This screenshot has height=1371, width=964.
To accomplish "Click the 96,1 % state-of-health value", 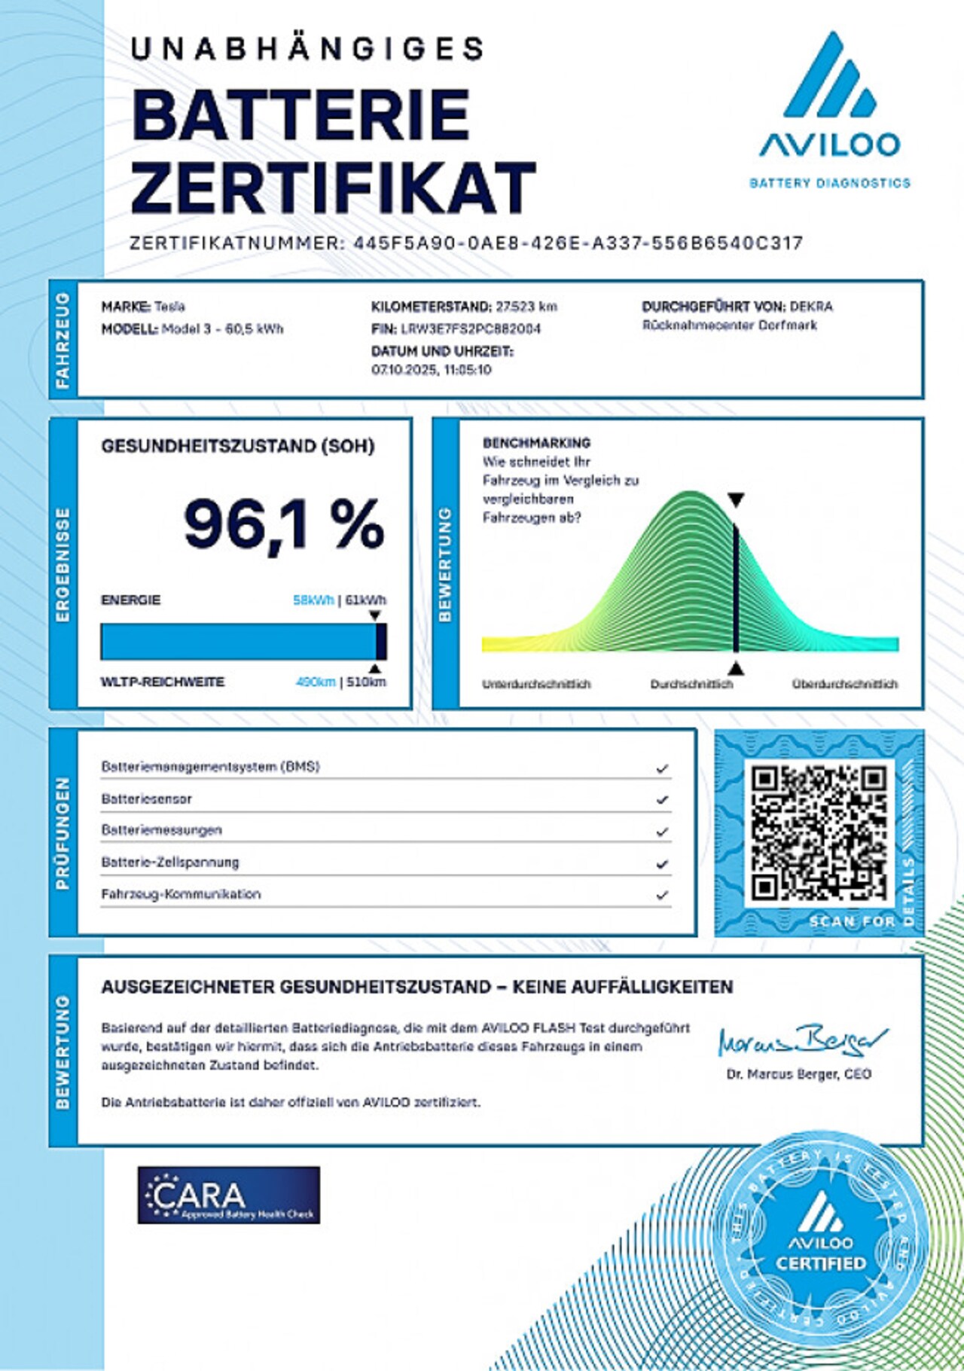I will pyautogui.click(x=284, y=524).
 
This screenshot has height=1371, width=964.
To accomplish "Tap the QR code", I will pyautogui.click(x=819, y=832).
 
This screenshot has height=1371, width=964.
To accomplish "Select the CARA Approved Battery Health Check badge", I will pyautogui.click(x=228, y=1195).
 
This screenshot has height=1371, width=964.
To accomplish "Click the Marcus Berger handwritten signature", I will pyautogui.click(x=801, y=1043).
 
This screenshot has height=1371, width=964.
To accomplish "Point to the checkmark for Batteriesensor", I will pyautogui.click(x=662, y=800).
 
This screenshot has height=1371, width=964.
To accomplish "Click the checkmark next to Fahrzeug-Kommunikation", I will pyautogui.click(x=662, y=896).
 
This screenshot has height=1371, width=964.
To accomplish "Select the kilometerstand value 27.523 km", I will pyautogui.click(x=526, y=307).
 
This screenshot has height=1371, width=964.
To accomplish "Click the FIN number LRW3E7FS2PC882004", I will pyautogui.click(x=471, y=329).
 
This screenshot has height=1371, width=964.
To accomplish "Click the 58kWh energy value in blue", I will pyautogui.click(x=313, y=600).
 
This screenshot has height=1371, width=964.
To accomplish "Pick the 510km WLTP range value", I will pyautogui.click(x=366, y=682).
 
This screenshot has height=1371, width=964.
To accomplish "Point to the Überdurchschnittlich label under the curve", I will pyautogui.click(x=844, y=684).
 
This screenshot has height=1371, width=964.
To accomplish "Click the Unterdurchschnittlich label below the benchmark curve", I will pyautogui.click(x=536, y=684).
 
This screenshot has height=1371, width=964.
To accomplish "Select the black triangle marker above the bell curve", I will pyautogui.click(x=736, y=499).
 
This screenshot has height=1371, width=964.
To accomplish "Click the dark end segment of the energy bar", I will pyautogui.click(x=381, y=642).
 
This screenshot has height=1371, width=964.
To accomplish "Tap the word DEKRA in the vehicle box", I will pyautogui.click(x=811, y=307).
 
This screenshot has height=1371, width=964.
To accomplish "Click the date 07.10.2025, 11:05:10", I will pyautogui.click(x=432, y=370).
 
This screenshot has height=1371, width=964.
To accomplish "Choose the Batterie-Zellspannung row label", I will pyautogui.click(x=170, y=863).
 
